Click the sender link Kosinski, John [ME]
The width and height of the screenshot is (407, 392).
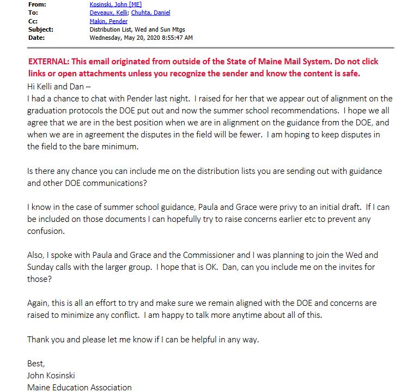[116, 4]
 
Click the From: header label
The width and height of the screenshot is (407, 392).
[37, 4]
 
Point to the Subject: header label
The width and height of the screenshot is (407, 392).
[40, 29]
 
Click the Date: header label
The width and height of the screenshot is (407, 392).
[37, 38]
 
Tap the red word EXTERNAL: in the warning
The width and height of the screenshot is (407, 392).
[52, 62]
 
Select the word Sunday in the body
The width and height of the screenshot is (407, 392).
[41, 267]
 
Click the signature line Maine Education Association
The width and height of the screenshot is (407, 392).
[80, 388]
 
